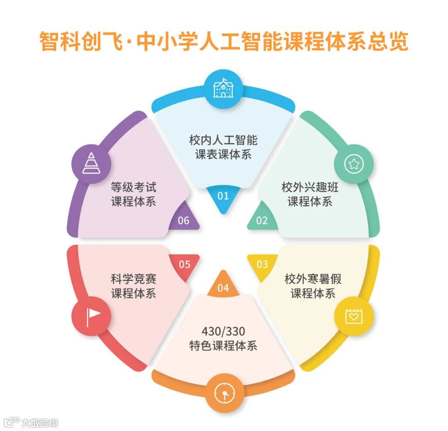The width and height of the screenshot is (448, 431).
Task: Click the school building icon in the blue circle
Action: [x=223, y=89]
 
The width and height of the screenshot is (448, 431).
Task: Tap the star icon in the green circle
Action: [x=354, y=165]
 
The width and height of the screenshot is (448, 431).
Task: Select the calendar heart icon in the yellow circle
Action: [x=354, y=316]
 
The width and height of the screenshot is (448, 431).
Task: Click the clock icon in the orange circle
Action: [x=223, y=393]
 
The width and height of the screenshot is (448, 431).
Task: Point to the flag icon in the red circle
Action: [x=92, y=316]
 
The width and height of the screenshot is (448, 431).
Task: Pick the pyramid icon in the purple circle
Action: [x=91, y=163]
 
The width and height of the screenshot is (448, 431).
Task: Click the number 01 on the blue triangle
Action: [x=223, y=196]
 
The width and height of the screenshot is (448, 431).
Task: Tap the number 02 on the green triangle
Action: [x=262, y=220]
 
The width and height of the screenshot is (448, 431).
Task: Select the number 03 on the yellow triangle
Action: [x=262, y=264]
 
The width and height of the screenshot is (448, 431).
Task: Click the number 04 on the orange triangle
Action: [x=223, y=288]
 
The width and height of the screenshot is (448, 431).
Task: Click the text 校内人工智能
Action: [x=223, y=140]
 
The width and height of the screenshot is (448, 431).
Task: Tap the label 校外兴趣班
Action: [x=310, y=187]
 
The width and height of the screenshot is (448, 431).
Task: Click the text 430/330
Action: [x=223, y=331]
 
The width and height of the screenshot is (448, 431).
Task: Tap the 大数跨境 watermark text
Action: [x=40, y=423]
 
